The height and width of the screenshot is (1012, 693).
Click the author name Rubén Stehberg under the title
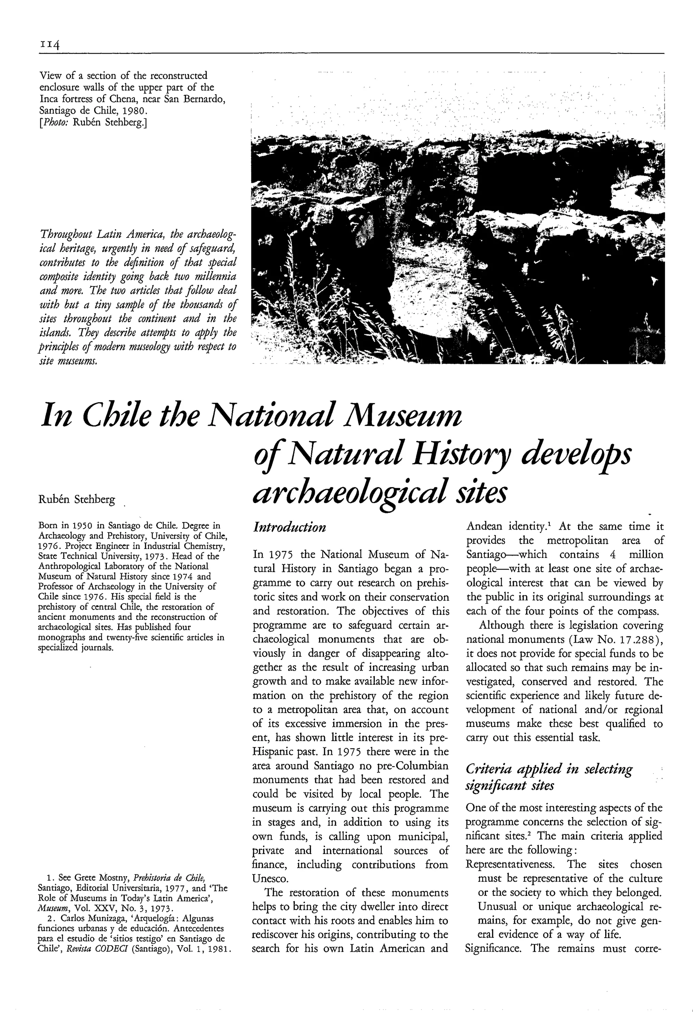click(76, 500)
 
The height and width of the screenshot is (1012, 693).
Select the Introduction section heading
click(289, 527)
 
